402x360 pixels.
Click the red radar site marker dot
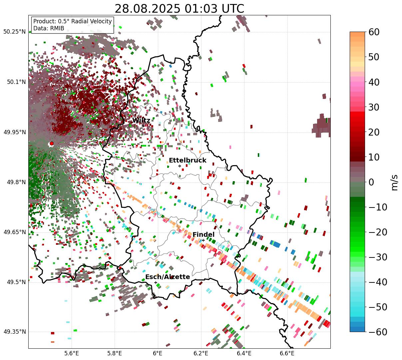coord(52,144)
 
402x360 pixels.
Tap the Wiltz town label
coord(141,121)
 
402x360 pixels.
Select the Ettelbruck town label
coord(188,161)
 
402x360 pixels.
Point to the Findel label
coord(203,234)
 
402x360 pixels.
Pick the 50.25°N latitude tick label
coord(15,32)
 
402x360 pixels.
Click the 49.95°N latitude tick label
coord(15,132)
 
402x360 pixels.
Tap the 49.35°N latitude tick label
coord(15,332)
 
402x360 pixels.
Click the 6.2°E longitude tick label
coord(201,353)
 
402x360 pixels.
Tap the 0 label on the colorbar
coord(371,182)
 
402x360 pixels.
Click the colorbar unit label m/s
coord(395,182)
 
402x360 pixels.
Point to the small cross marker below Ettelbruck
coord(180,166)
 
